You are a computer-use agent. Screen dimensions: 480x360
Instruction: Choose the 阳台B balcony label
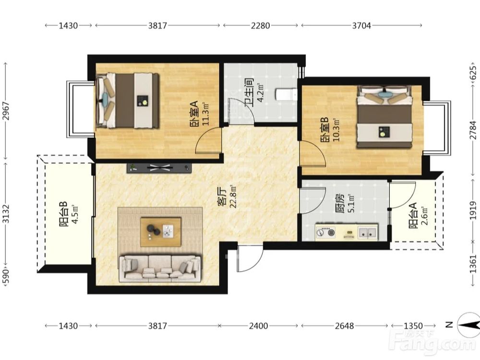click(x=63, y=214)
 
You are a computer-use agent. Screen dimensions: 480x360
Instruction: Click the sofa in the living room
click(x=160, y=268)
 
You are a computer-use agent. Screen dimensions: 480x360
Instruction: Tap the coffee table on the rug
click(x=161, y=232)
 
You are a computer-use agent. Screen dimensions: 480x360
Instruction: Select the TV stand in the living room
click(x=159, y=168)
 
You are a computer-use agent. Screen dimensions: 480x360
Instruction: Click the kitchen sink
click(x=368, y=232)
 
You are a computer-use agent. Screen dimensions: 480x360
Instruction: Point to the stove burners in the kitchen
click(x=325, y=232)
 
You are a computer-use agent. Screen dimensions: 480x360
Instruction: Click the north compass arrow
click(x=468, y=325)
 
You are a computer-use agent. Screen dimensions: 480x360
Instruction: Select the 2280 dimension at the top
click(x=261, y=25)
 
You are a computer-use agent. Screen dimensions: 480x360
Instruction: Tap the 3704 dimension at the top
click(x=361, y=25)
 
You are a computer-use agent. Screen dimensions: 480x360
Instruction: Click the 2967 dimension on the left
click(x=6, y=111)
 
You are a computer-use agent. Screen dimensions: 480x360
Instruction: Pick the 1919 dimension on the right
click(x=473, y=210)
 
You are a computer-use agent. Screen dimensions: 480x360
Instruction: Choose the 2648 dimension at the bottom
click(x=344, y=326)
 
